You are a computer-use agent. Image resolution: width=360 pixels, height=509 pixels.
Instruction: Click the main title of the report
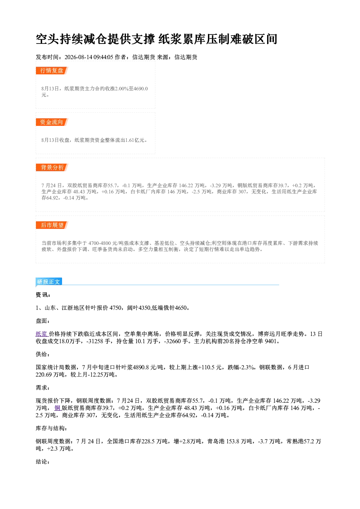point(156,39)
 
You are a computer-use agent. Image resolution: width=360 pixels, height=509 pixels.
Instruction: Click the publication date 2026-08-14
point(78,57)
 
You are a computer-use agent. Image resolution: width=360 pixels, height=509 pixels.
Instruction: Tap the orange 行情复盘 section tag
point(52,70)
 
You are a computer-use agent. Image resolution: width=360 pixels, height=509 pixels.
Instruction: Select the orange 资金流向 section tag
point(52,122)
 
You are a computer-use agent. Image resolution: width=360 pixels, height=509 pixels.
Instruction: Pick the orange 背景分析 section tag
point(52,168)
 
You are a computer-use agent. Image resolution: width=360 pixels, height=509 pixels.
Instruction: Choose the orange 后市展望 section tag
point(52,225)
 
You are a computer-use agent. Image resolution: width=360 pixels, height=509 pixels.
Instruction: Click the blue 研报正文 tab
point(49,282)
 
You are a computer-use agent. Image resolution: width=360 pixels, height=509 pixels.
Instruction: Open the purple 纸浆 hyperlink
point(42,334)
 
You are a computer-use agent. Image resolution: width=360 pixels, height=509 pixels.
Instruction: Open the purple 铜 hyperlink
point(57,408)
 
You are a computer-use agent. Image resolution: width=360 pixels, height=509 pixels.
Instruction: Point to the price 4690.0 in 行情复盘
point(140,89)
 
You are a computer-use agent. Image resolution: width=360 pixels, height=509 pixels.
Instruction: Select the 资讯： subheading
point(43,295)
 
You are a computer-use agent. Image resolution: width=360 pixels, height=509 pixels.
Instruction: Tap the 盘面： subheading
point(43,321)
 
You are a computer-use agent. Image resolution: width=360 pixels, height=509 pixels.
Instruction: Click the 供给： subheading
point(43,354)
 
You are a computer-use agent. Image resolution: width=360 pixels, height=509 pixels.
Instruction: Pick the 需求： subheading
point(43,387)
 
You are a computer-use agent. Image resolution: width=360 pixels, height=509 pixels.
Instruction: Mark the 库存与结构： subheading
point(52,428)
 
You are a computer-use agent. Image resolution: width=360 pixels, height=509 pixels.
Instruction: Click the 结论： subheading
point(43,461)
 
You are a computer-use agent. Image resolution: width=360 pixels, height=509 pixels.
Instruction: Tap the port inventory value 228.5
point(148,441)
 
